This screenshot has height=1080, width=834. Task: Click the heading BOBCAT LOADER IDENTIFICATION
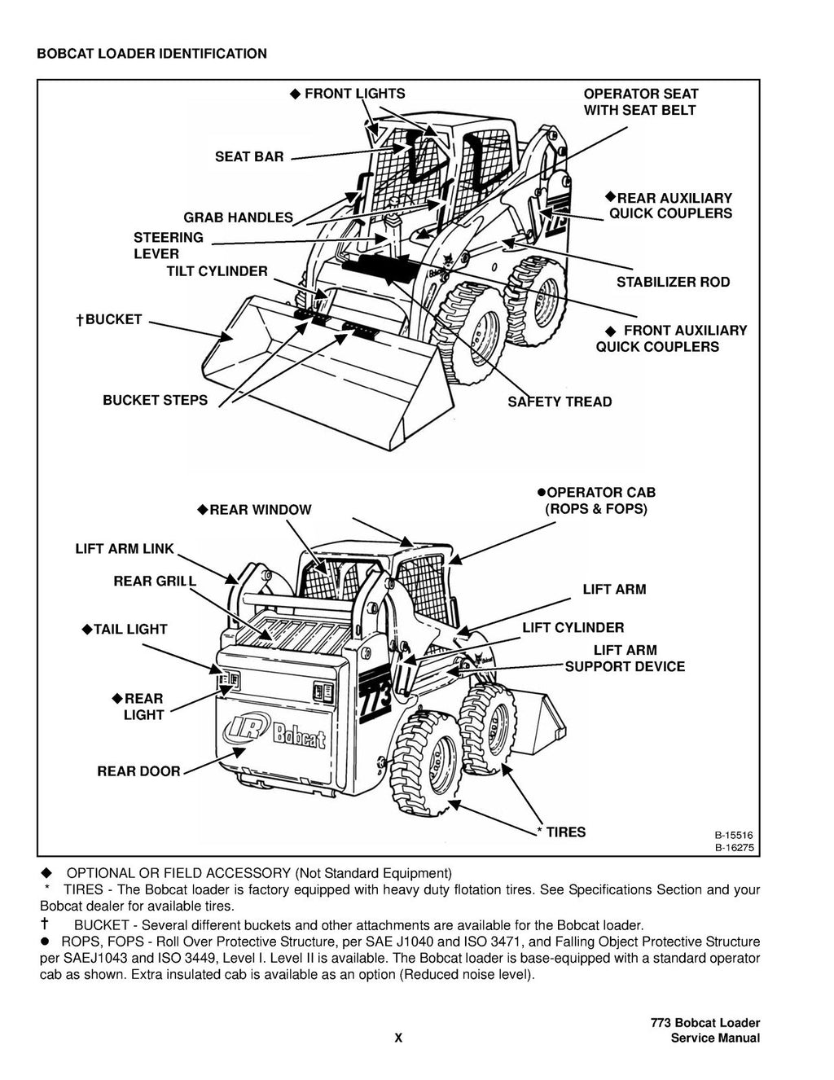pos(151,54)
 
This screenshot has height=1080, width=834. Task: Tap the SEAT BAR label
pos(249,156)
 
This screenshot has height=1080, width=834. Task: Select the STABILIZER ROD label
pos(673,283)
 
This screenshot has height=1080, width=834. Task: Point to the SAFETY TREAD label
pos(560,402)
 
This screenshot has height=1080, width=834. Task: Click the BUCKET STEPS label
pos(155,400)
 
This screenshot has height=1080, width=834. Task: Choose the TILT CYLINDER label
pos(217,271)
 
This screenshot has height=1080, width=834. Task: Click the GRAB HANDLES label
pos(238,217)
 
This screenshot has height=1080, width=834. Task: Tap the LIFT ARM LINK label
pos(125,549)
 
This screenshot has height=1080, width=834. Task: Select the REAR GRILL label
pos(155,581)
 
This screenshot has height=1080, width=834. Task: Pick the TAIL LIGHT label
pos(129,630)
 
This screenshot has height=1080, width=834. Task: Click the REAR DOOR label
pos(138,771)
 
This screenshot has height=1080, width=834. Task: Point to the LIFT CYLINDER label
pos(573,628)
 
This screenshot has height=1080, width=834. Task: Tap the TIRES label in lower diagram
pos(565,832)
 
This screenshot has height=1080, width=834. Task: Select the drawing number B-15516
pos(734,835)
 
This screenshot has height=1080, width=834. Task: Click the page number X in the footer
pos(398,1038)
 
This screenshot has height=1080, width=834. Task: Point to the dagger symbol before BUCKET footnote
pos(46,925)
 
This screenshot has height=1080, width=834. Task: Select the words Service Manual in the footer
pos(715,1038)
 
